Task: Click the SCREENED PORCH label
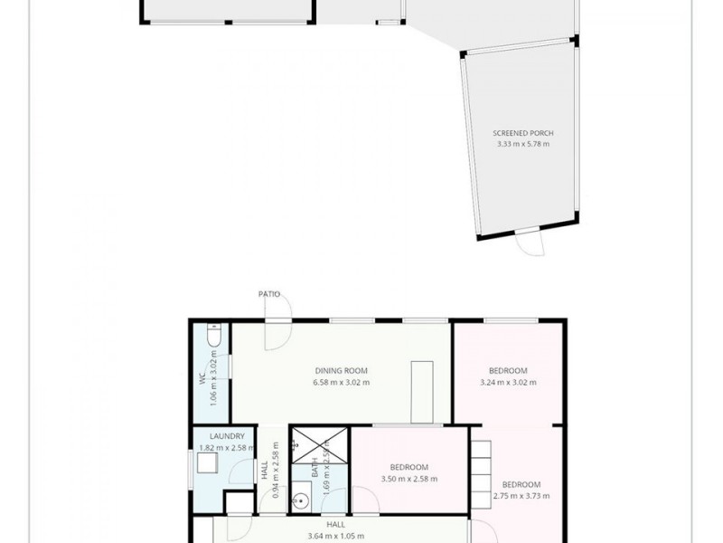click(x=516, y=133)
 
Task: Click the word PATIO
click(x=268, y=294)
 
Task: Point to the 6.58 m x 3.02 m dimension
click(x=341, y=382)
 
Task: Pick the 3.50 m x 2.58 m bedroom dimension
click(x=409, y=479)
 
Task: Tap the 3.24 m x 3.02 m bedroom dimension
click(x=508, y=382)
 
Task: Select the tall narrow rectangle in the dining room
click(x=422, y=392)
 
